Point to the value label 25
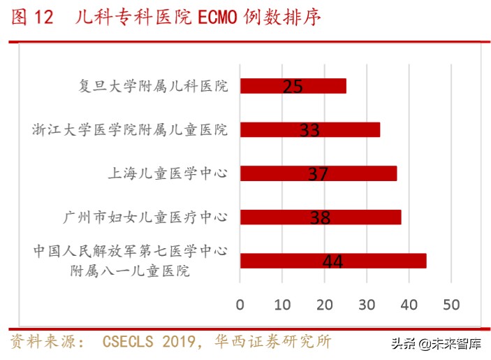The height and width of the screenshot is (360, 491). point(293,87)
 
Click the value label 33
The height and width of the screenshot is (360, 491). point(309,131)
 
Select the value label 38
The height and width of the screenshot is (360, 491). point(320,218)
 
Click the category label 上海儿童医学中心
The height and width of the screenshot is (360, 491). point(171,173)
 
